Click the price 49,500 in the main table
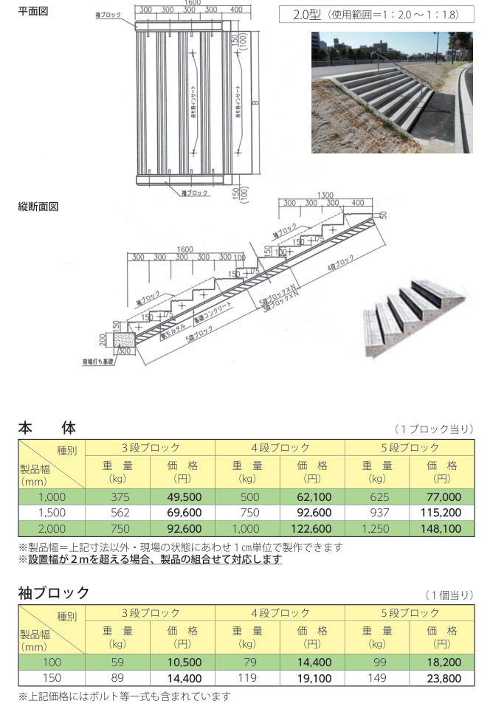pos(182,497)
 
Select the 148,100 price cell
pos(442,528)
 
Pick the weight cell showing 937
pos(376,513)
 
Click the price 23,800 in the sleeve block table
pos(442,677)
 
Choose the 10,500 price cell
pos(182,661)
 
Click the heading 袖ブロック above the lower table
pos(54,592)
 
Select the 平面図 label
pos(33,11)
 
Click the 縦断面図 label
pos(38,207)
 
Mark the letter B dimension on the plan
pos(255,103)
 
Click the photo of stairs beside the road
pos(392,91)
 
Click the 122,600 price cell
pos(312,528)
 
